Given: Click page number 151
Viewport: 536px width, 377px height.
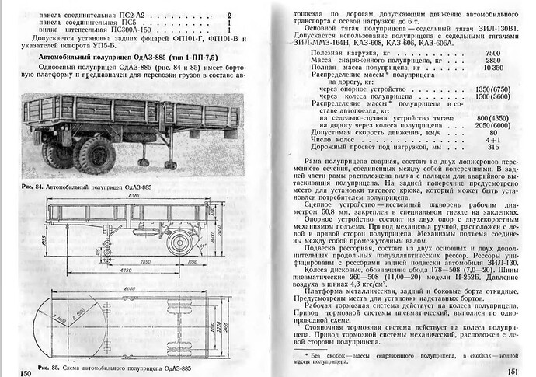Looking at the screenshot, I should tap(512, 372).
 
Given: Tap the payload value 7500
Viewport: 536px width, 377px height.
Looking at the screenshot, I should tap(492, 52).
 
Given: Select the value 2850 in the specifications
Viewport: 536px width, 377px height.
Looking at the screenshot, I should tap(492, 60).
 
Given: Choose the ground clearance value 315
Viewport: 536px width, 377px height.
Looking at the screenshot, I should tap(493, 147).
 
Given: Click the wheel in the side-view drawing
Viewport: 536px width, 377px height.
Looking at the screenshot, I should tap(180, 242).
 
